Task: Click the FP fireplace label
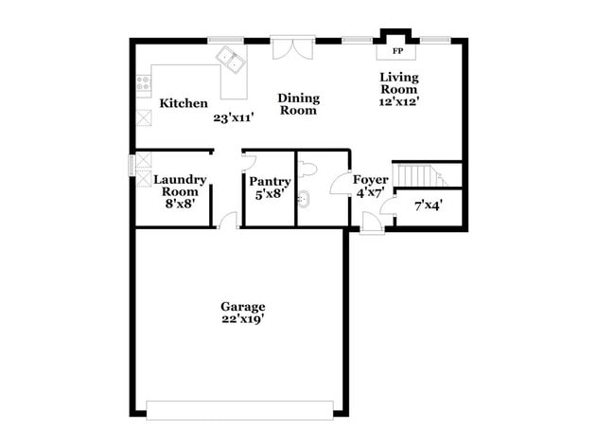[x=398, y=50]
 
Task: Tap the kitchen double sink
[x=230, y=62]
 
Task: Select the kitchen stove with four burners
[x=144, y=83]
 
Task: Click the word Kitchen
[x=184, y=103]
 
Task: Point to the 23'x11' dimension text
[x=233, y=118]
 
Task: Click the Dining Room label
[x=298, y=104]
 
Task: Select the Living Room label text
[x=398, y=83]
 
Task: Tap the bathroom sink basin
[x=305, y=200]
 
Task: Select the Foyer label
[x=370, y=180]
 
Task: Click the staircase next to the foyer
[x=417, y=175]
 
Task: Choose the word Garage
[x=243, y=306]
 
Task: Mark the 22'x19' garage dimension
[x=243, y=319]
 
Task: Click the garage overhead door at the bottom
[x=240, y=410]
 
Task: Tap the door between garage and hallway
[x=226, y=222]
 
